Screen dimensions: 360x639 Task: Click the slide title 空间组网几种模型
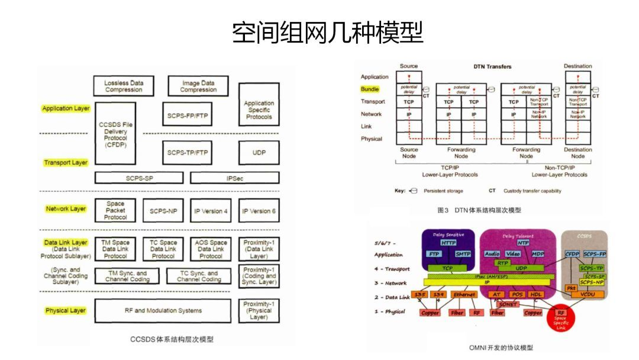pyautogui.click(x=327, y=33)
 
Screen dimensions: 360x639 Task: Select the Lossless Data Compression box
pyautogui.click(x=124, y=86)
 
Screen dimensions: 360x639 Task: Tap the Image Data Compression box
pyautogui.click(x=198, y=86)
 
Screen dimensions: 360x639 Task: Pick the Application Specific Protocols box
pyautogui.click(x=259, y=110)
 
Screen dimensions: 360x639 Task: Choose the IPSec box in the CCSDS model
pyautogui.click(x=234, y=178)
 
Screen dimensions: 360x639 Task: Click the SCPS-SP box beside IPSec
pyautogui.click(x=139, y=178)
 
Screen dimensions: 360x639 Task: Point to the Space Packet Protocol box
pyautogui.click(x=115, y=210)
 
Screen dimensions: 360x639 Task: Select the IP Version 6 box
pyautogui.click(x=259, y=211)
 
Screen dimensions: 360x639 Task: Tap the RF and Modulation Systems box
pyautogui.click(x=163, y=310)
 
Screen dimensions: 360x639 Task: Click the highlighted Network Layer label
pyautogui.click(x=66, y=209)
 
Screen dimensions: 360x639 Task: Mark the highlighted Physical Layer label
pyautogui.click(x=66, y=310)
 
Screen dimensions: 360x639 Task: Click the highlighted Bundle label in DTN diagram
pyautogui.click(x=370, y=89)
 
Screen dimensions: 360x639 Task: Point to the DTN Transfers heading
pyautogui.click(x=492, y=66)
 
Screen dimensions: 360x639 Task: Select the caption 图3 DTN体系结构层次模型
pyautogui.click(x=479, y=210)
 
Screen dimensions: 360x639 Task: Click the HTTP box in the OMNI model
pyautogui.click(x=448, y=243)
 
